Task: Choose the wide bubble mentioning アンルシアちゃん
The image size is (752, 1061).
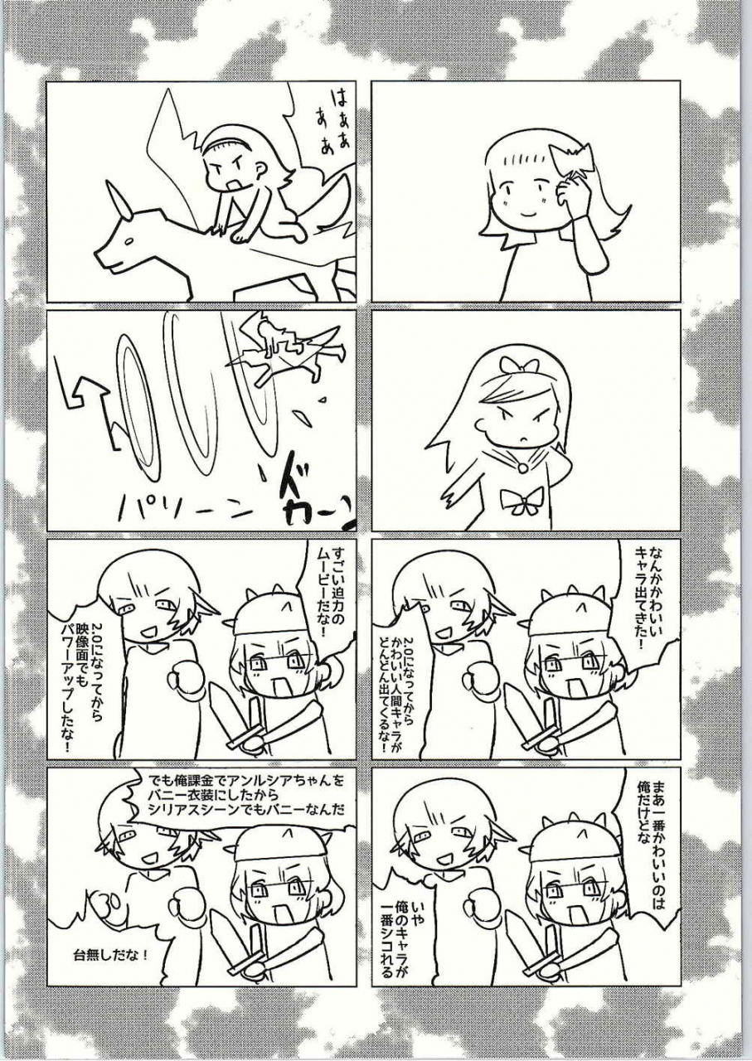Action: coord(245,794)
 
